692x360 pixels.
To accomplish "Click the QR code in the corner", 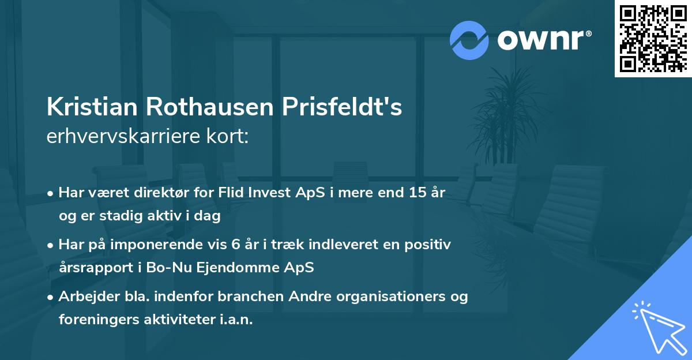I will [x=653, y=38].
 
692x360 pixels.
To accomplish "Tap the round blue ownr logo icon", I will [x=469, y=40].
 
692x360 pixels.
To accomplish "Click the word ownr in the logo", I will [x=540, y=40].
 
